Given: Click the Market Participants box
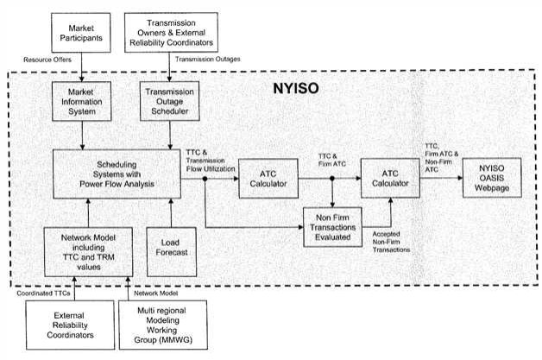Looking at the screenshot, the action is pos(81,33).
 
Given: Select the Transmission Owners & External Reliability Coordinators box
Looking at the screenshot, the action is pos(171,33).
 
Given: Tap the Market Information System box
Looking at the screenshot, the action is pos(82,101).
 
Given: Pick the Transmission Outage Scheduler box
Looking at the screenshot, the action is pos(170,101).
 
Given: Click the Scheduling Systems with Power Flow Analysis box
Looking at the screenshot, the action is pos(117,174).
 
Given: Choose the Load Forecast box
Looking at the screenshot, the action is pos(172,252).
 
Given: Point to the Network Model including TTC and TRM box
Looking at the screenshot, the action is pos(89,252).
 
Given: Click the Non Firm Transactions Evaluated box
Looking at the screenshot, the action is pos(332,227).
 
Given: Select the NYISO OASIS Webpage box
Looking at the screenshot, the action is pos(492,178).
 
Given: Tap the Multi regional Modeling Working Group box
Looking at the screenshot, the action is pos(163,325).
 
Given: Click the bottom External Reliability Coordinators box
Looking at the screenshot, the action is pos(70,325).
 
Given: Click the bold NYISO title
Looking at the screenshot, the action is pos(296,89).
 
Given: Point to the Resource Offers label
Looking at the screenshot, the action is pos(47,60).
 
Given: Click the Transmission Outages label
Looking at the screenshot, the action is pos(208,59).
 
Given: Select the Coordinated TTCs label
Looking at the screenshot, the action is pos(43,294).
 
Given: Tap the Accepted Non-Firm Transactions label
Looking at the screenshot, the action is pos(391,242).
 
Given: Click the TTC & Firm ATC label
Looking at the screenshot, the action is pos(332,160).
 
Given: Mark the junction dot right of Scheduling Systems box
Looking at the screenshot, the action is pos(205,179).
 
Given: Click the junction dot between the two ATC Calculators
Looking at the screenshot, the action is pos(332,179).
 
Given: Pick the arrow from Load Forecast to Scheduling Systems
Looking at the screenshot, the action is pos(171,212).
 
